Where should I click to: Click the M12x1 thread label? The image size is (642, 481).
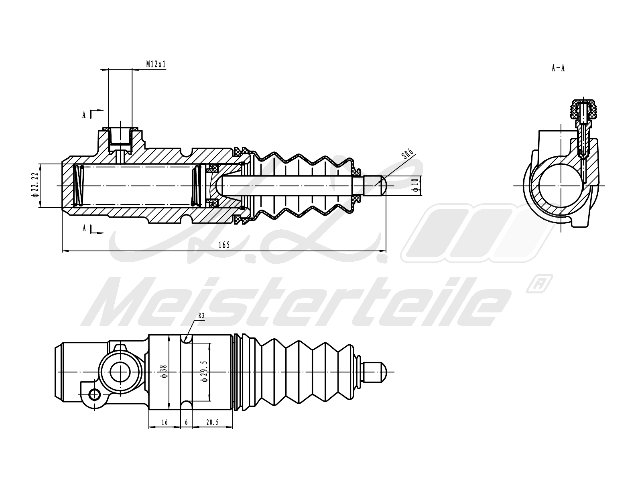coord(156,64)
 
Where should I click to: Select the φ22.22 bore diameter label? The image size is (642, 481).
coord(35,186)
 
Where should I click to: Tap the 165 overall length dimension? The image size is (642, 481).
coord(224,245)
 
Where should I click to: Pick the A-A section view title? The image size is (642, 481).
coord(558,68)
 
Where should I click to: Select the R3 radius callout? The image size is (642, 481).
coord(201,315)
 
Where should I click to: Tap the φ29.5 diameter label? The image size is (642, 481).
coord(205,372)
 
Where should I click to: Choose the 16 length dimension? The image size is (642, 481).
coord(165,422)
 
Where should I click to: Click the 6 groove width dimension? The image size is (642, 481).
coord(186,422)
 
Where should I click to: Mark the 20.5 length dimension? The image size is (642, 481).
coord(212,422)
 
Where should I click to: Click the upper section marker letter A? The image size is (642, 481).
coord(84,115)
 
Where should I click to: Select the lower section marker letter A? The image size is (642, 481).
coord(84,228)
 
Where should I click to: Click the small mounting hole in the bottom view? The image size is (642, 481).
coord(95,394)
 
